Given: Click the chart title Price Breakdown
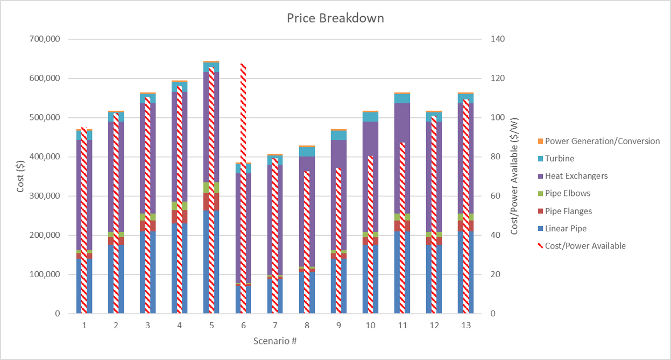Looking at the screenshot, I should tap(335, 18).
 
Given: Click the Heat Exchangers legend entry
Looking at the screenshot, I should tap(576, 176).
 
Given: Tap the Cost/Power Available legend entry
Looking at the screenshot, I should tap(585, 246).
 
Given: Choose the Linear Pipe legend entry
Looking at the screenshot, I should tap(566, 229).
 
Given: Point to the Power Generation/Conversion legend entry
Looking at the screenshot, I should tap(602, 141).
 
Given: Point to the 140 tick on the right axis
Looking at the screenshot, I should tap(497, 39).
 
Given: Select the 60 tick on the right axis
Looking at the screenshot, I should tap(495, 196).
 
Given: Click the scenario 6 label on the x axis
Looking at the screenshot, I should tap(243, 326).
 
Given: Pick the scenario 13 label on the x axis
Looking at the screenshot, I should tap(466, 326).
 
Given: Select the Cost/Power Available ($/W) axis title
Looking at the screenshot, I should tap(514, 177).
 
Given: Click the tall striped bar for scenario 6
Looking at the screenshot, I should tap(243, 188).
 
